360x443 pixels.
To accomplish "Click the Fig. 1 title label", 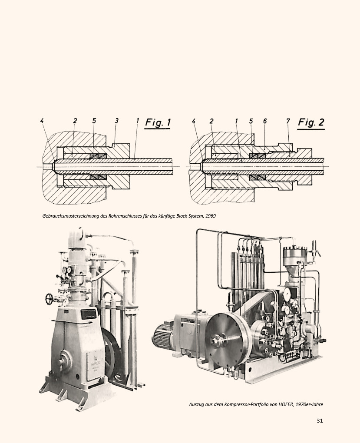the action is [x=158, y=122].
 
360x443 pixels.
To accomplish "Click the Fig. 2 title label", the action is [x=311, y=122].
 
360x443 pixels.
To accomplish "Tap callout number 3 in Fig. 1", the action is [x=116, y=121].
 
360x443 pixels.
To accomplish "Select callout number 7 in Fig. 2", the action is [x=287, y=121].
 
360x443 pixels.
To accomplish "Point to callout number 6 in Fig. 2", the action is [x=265, y=121].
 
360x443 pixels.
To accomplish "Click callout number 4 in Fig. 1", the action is [x=42, y=121].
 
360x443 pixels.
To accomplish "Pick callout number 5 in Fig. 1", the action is [x=94, y=121].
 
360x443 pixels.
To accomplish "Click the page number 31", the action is [x=320, y=420].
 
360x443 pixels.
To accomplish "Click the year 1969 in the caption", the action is [x=211, y=216].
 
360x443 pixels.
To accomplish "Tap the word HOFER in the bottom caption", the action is [x=285, y=404].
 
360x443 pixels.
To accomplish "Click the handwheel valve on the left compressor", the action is [x=50, y=299].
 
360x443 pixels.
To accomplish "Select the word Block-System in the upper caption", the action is [x=189, y=216].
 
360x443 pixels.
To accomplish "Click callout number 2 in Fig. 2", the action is [x=211, y=121].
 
